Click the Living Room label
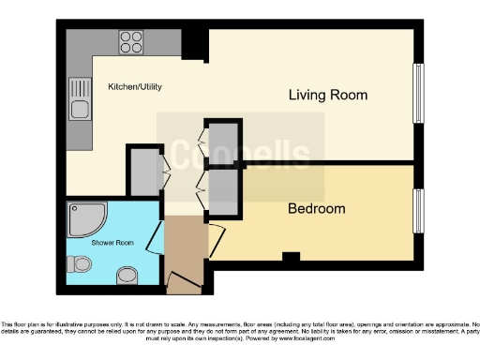point(327,95)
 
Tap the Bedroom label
point(316,208)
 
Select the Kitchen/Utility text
point(135,87)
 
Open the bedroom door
point(214,238)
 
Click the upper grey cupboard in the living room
point(223,142)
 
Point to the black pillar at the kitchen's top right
point(195,42)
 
